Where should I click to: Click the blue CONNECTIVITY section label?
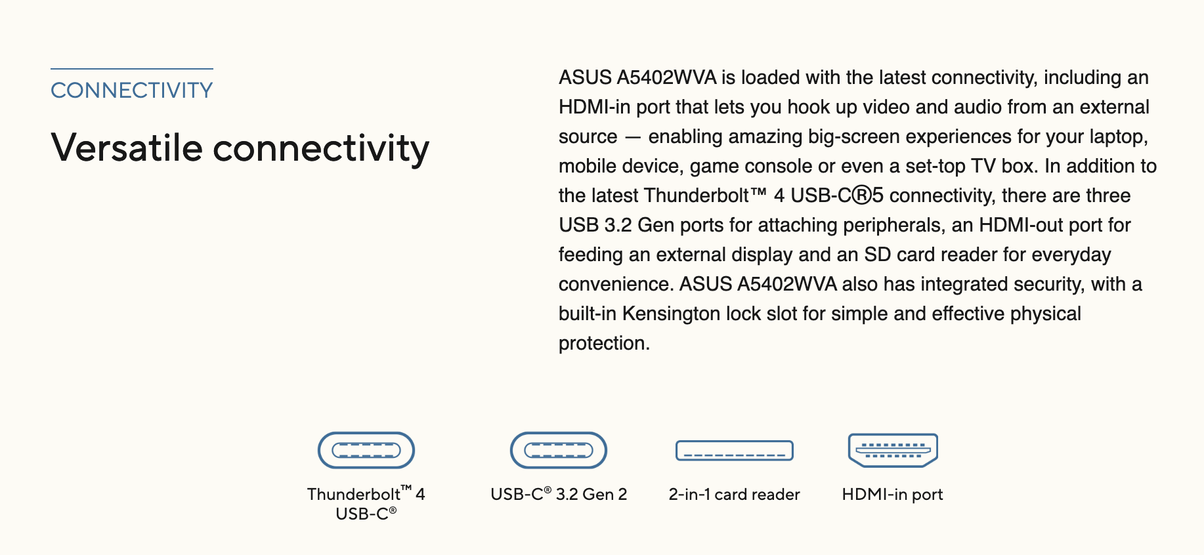pos(132,91)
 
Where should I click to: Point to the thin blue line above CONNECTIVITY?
pos(132,68)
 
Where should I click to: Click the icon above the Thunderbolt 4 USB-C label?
pos(366,450)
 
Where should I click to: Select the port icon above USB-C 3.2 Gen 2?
pos(559,450)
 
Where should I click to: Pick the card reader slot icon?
pos(735,451)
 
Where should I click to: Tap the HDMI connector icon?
pos(893,450)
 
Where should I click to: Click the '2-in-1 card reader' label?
pos(735,495)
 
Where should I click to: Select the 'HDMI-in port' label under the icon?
pos(893,495)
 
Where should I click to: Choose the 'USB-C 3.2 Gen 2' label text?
pos(559,495)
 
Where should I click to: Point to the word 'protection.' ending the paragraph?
pos(604,343)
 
